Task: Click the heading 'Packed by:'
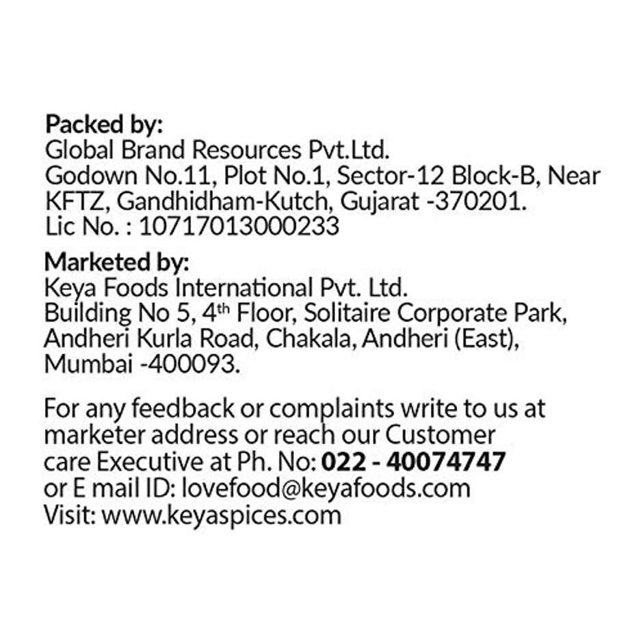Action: (x=104, y=125)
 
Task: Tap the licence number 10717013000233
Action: (x=239, y=226)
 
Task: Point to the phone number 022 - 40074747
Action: (x=413, y=462)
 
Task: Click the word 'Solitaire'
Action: (x=347, y=313)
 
